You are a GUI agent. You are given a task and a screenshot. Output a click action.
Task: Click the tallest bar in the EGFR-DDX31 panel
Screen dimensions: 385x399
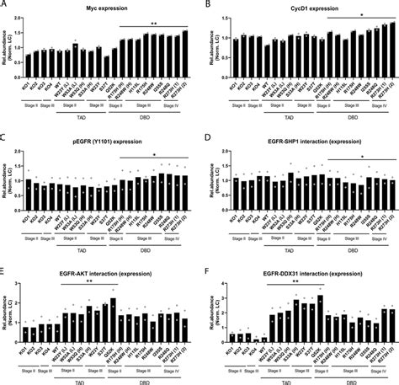point(321,317)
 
